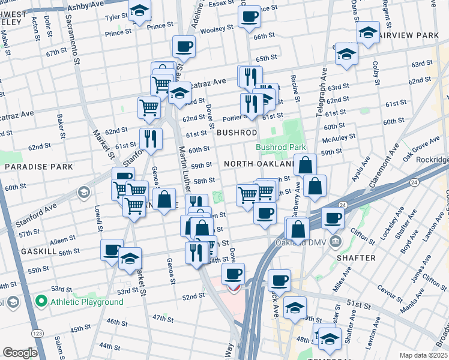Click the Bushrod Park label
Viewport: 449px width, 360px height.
click(280, 147)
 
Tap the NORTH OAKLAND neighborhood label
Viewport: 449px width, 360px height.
click(258, 164)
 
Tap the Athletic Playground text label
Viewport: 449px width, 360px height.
click(86, 302)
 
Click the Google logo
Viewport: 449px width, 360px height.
click(20, 353)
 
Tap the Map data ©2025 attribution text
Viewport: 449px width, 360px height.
click(423, 355)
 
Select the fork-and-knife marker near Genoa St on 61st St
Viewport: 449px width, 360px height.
click(151, 138)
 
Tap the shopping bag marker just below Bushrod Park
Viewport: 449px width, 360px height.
click(305, 164)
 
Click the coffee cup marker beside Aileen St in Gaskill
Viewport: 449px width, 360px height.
click(112, 250)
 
